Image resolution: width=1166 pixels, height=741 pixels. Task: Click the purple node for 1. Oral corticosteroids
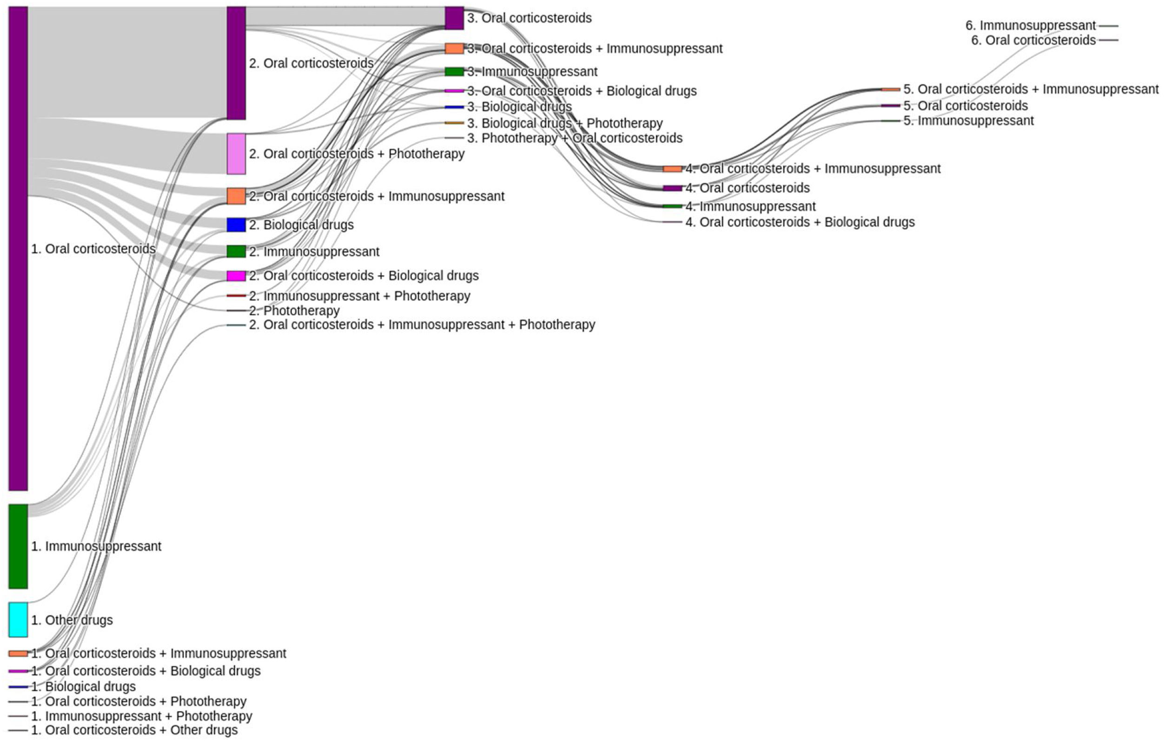(18, 248)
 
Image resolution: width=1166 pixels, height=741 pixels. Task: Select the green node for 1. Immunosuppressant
(18, 546)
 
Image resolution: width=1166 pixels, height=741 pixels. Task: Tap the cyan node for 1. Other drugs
(18, 620)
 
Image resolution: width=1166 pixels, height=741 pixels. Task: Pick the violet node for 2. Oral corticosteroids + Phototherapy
(236, 153)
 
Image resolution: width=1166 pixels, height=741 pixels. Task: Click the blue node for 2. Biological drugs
(236, 225)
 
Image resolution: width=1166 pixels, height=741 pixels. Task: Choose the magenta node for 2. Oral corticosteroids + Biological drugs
(236, 276)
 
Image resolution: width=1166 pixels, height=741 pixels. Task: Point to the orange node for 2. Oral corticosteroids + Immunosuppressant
(236, 196)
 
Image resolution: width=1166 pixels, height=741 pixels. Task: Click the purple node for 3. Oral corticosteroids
(454, 18)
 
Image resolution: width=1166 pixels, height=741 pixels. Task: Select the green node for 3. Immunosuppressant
(454, 72)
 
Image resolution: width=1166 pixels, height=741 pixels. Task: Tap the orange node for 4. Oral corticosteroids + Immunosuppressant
(672, 169)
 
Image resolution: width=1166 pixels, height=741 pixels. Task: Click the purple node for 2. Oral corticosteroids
(236, 63)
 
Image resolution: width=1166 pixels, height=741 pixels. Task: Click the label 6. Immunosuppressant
(1030, 25)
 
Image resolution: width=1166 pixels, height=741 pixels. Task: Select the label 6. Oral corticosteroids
(1033, 40)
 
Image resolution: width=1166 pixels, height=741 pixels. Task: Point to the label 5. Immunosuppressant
(968, 120)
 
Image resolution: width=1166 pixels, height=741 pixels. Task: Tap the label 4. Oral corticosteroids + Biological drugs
(800, 222)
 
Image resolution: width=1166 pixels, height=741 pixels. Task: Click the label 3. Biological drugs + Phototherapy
(564, 124)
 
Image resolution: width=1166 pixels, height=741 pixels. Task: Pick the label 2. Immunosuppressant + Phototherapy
(360, 296)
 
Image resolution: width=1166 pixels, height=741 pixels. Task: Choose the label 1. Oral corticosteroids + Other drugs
(135, 730)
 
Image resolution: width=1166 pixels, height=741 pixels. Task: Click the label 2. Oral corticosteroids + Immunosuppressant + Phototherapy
(422, 324)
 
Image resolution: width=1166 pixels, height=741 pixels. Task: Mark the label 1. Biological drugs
(83, 687)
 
